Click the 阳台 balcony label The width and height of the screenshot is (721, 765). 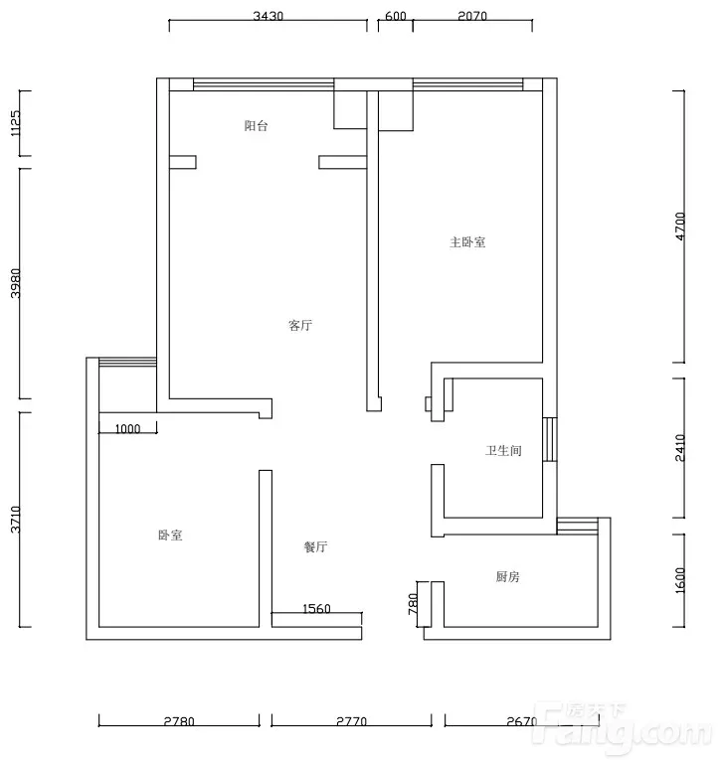pos(256,126)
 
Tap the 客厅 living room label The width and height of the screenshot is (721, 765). pos(300,326)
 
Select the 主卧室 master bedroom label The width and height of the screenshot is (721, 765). pos(467,242)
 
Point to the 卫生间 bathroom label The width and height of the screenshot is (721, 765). pos(503,450)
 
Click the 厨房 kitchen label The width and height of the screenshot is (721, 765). pos(507,576)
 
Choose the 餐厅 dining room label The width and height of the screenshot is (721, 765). pos(315,546)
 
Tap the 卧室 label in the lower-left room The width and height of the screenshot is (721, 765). pos(170,535)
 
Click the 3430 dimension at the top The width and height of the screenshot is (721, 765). pos(269,16)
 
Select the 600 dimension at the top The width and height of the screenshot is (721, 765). pos(396,16)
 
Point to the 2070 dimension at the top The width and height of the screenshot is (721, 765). pos(472,16)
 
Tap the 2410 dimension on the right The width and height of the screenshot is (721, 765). pos(680,448)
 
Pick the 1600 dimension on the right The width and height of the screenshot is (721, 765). pos(680,580)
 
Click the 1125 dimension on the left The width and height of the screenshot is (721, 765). pos(16,123)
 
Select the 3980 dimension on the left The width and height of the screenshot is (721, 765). pos(16,283)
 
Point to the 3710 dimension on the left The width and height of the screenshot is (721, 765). pos(16,519)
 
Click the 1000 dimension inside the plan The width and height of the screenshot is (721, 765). pos(127,429)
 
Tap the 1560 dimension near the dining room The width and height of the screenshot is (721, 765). pos(316,608)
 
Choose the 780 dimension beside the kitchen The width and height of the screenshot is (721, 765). pos(414,603)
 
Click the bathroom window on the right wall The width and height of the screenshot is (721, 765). pos(550,439)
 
